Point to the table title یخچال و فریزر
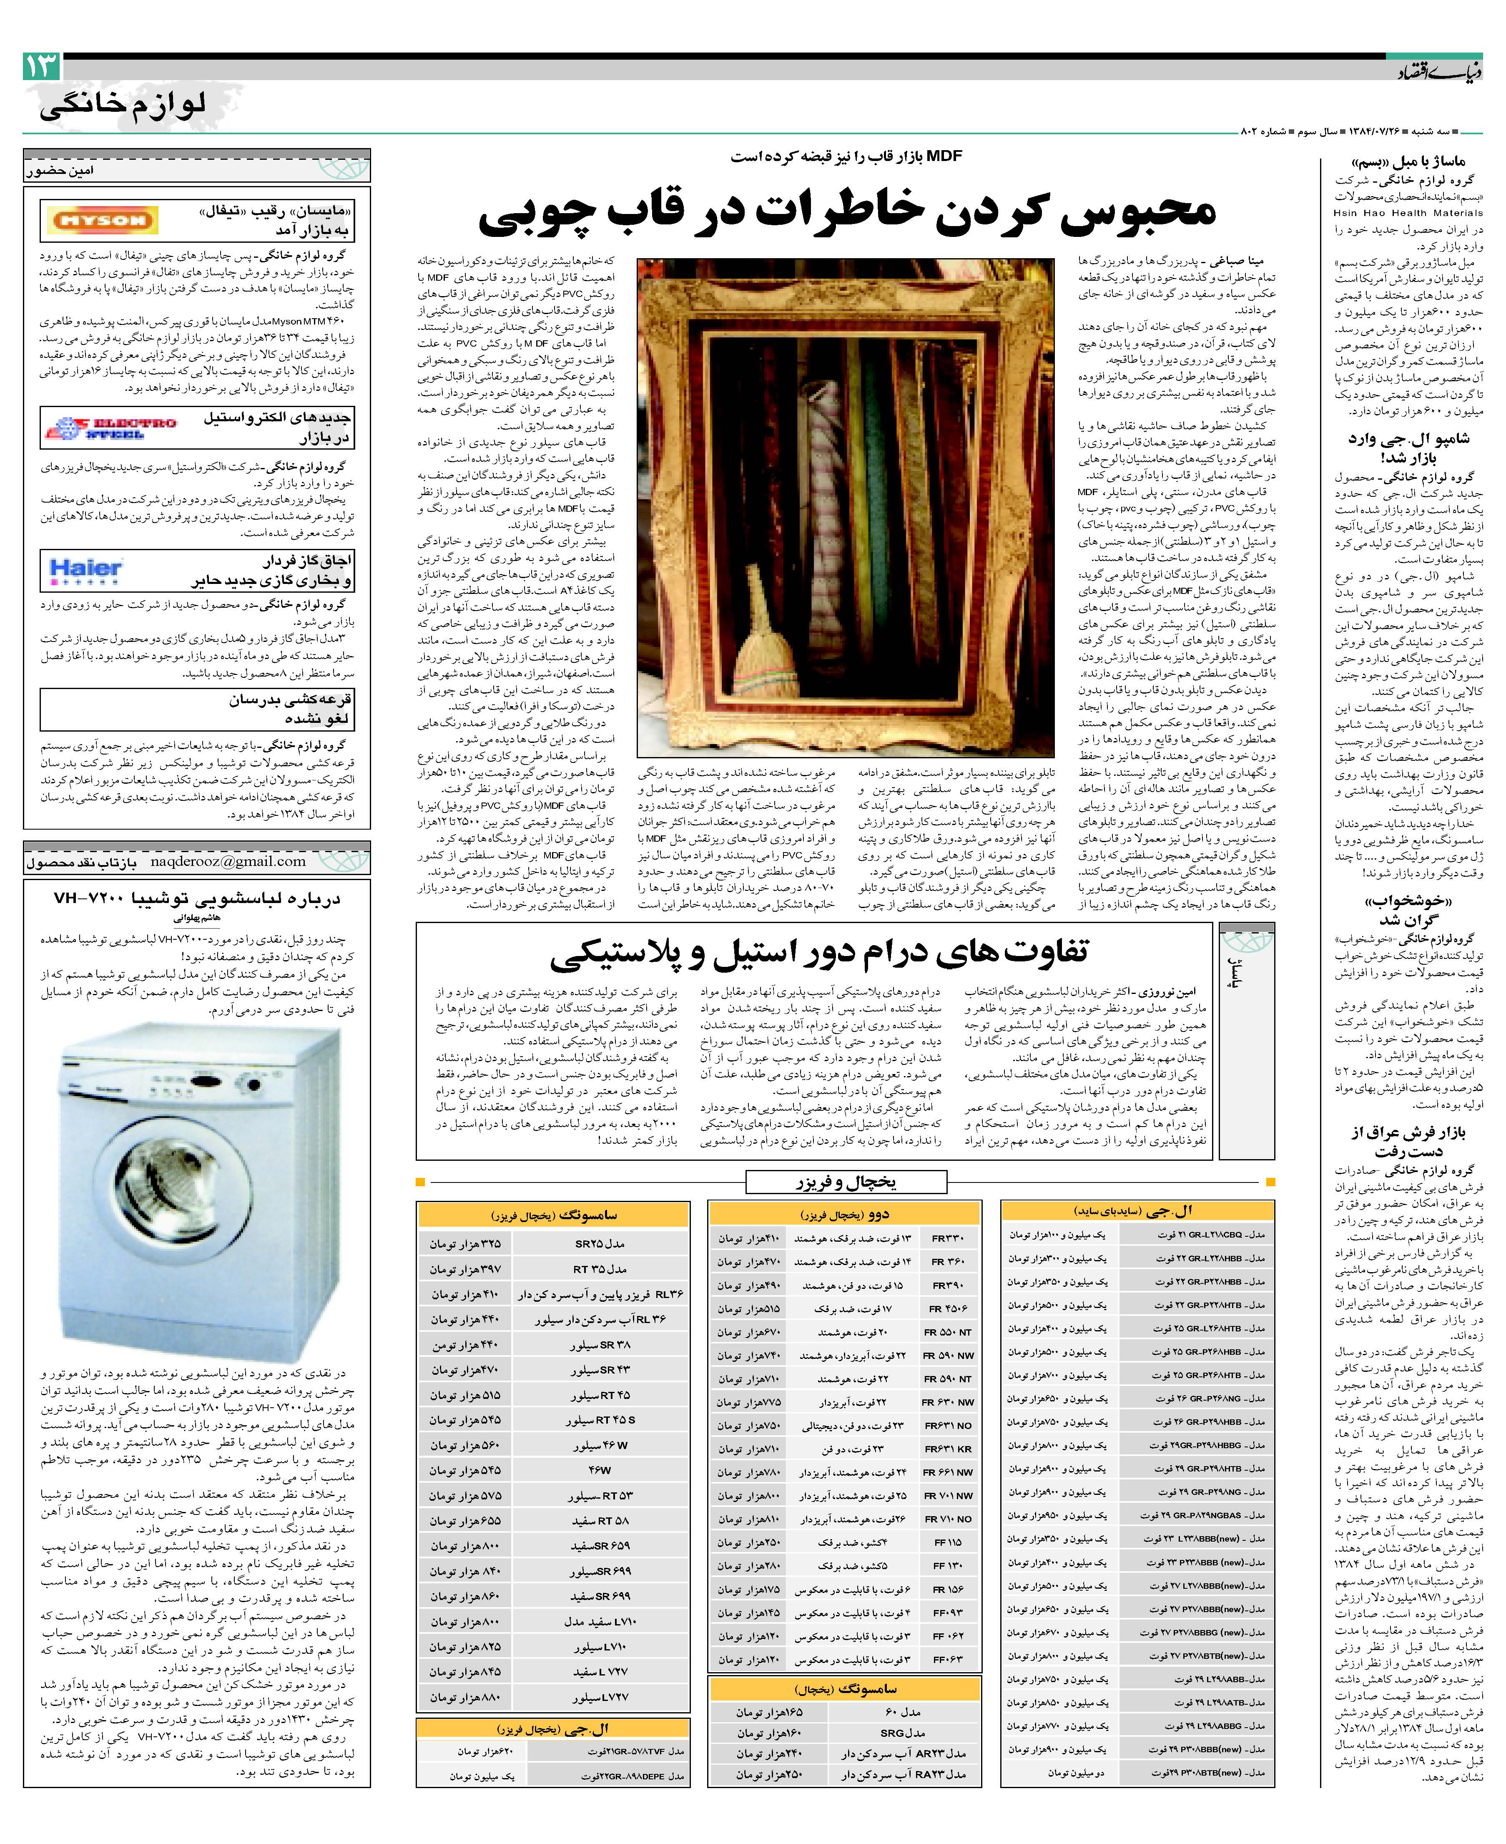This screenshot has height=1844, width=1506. point(846,1182)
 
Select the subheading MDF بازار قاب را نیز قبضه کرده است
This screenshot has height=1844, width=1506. point(846,156)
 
